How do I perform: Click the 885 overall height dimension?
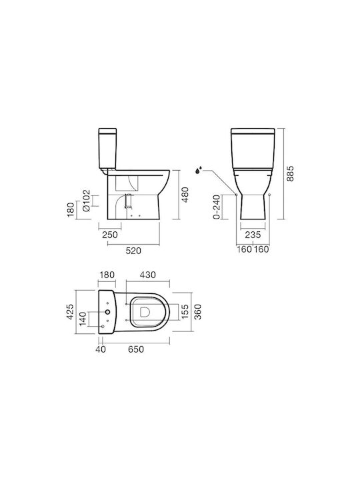pos(289,173)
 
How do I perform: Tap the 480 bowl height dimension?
pos(185,195)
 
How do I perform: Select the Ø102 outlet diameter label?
pos(86,201)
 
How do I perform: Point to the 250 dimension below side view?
pos(109,235)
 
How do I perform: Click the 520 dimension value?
pos(133,251)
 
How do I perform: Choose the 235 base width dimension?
pos(253,235)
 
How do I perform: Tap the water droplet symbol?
pos(199,170)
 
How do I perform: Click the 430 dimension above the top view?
pos(147,275)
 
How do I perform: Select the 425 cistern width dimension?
pos(70,311)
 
